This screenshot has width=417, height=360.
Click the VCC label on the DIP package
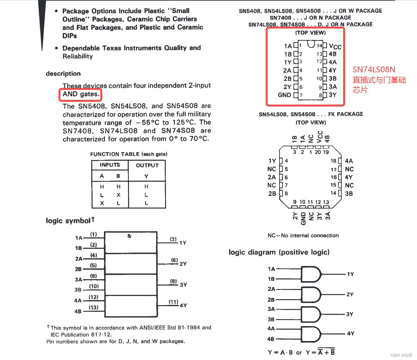(335, 47)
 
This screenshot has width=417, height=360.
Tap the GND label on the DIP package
(284, 95)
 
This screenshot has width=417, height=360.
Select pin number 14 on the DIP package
(319, 46)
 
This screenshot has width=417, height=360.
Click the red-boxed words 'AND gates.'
(81, 94)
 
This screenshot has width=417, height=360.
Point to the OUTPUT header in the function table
(147, 165)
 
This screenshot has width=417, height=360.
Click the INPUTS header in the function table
(110, 165)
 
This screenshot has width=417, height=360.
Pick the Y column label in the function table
(146, 176)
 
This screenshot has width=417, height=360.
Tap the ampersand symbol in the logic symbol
(129, 236)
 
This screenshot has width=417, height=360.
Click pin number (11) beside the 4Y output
(173, 302)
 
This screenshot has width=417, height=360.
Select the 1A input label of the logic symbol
(79, 238)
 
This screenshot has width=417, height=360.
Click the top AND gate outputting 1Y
(311, 274)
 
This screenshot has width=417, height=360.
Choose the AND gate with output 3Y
(311, 314)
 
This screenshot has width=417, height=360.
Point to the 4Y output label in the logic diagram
(350, 333)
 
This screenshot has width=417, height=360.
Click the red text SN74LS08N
(374, 70)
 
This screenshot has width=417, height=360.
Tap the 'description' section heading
(63, 74)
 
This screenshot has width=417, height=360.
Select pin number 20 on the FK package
(318, 152)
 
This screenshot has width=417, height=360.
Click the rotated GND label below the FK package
(303, 218)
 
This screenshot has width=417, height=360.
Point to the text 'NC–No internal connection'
(303, 235)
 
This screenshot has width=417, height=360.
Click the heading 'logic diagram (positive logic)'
(279, 252)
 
